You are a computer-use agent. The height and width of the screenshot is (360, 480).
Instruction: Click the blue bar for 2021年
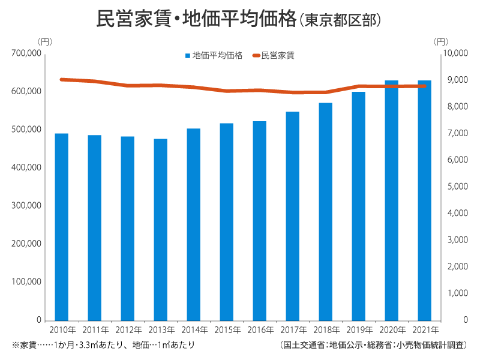tap(424, 200)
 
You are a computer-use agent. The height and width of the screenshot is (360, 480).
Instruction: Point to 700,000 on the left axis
tap(26, 53)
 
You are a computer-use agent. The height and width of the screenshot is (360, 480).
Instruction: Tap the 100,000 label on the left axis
tap(26, 282)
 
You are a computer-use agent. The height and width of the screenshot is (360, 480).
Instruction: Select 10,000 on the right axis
tap(454, 53)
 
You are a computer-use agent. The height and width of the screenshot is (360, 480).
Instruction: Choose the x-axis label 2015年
tap(227, 330)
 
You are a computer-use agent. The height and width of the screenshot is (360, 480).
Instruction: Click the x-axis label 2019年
tap(359, 330)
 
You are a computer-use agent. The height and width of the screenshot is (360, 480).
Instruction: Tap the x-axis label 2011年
tap(95, 330)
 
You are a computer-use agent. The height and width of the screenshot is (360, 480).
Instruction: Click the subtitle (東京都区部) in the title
tap(340, 20)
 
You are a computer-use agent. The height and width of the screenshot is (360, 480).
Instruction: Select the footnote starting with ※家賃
tap(103, 346)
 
